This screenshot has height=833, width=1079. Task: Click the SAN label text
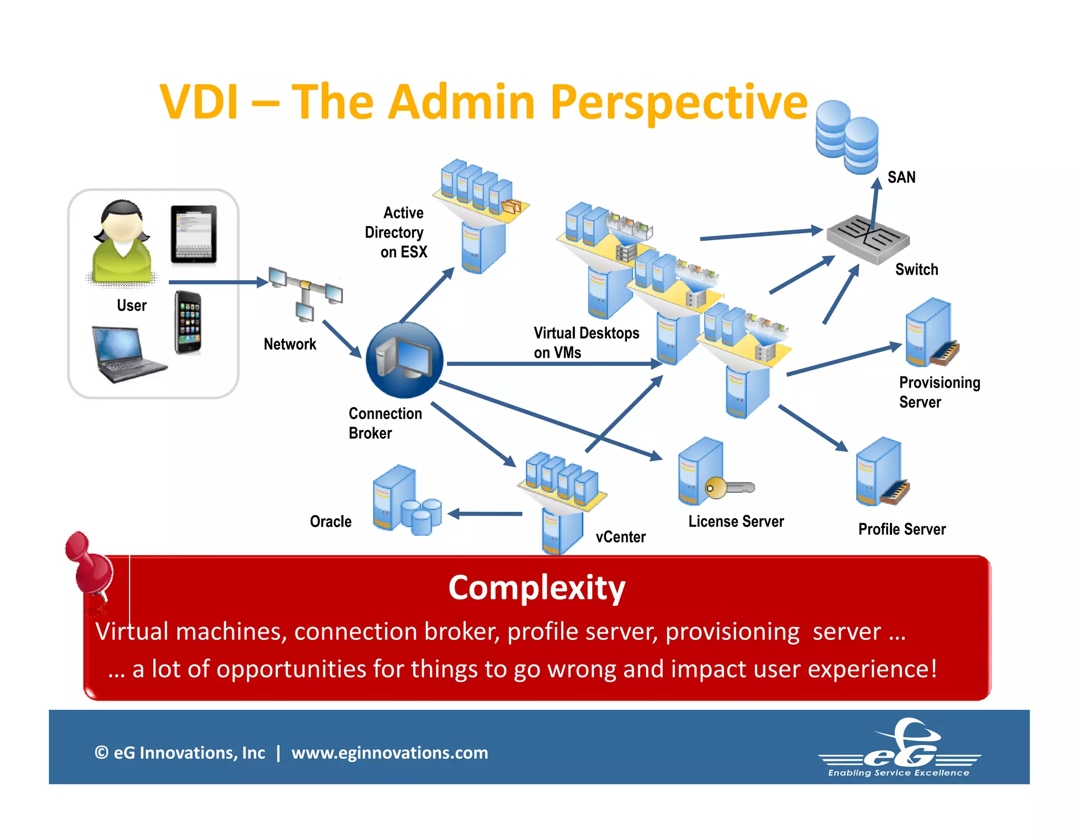click(x=901, y=177)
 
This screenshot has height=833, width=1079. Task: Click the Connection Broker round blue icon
click(x=404, y=360)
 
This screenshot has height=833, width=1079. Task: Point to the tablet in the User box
click(x=193, y=234)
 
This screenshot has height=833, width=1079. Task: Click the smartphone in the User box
click(x=188, y=322)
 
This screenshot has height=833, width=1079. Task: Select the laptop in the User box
click(x=126, y=354)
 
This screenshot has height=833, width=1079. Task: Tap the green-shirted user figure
click(x=122, y=243)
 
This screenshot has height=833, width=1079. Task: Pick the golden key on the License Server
click(x=729, y=488)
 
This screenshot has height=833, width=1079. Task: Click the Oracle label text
click(x=330, y=521)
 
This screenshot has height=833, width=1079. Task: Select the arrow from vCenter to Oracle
click(x=485, y=514)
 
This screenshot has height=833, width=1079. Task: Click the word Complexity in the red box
click(x=536, y=588)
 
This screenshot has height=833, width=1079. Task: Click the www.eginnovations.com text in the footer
click(x=389, y=752)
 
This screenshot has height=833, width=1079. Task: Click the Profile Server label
click(x=901, y=529)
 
